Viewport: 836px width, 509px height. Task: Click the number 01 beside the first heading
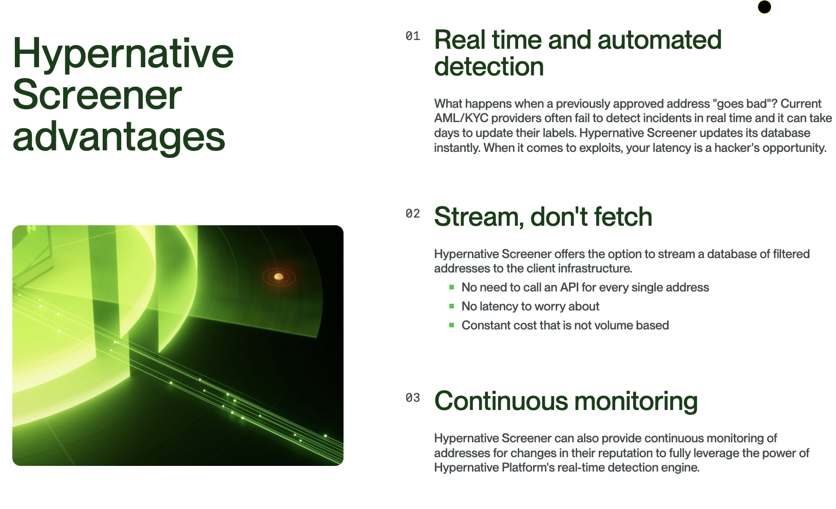[413, 36]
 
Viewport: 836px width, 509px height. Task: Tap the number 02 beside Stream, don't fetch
[413, 213]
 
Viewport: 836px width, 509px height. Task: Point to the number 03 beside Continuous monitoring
[413, 398]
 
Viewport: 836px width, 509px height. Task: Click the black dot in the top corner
[764, 7]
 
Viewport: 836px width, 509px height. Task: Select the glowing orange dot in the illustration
[279, 277]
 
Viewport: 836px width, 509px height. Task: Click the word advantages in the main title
[119, 137]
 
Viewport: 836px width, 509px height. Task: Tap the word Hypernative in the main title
[123, 54]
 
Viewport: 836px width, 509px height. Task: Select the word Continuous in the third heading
[501, 401]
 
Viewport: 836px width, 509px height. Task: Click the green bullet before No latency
[451, 306]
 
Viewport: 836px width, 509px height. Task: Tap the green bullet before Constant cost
[451, 325]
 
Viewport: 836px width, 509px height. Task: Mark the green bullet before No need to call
[451, 287]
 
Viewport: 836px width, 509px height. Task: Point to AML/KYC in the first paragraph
[461, 118]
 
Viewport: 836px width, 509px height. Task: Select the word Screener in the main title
[97, 95]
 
